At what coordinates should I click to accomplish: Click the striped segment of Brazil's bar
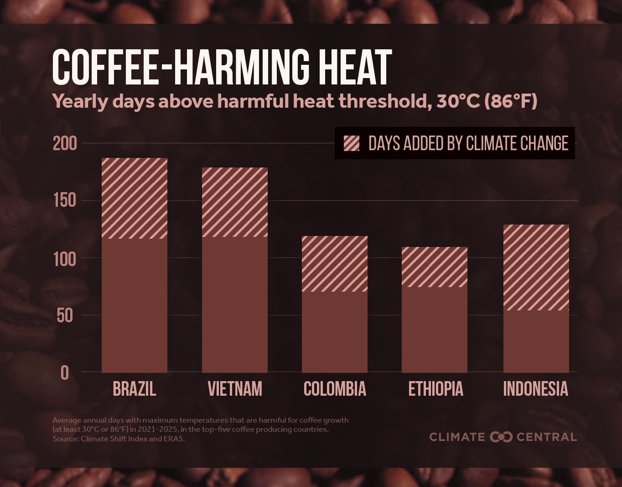tap(134, 198)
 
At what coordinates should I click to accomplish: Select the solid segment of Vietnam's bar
tap(234, 304)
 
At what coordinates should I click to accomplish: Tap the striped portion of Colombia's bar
tap(335, 263)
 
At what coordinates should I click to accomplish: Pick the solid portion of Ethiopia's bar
tap(434, 330)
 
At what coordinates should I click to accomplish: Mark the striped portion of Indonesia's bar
tap(536, 267)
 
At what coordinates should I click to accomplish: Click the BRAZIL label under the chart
tap(134, 389)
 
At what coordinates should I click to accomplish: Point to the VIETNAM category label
tap(235, 389)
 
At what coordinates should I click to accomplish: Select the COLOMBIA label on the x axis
tap(335, 389)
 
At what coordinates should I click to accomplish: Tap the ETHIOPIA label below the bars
tap(435, 389)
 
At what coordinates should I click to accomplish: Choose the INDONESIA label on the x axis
tap(535, 389)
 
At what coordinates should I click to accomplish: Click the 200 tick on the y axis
tap(65, 144)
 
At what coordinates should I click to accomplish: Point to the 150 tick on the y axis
tap(65, 200)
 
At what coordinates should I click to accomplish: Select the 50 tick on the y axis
tap(65, 315)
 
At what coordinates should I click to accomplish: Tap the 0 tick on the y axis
tap(65, 373)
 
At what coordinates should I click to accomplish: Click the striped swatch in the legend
tap(352, 143)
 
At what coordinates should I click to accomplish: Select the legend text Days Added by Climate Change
tap(468, 143)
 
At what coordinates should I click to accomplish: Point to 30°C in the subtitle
tap(458, 101)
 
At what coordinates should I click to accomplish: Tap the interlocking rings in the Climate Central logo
tap(501, 437)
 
